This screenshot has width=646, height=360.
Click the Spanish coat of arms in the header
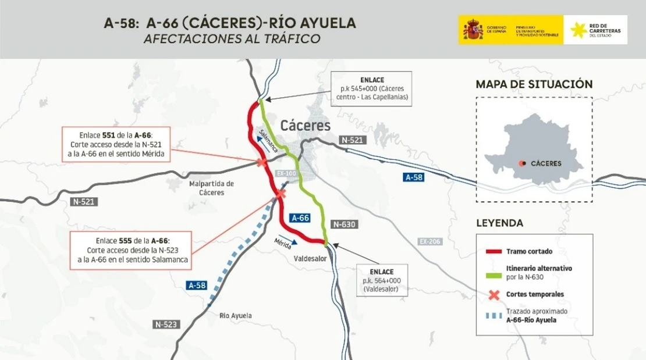coord(473,30)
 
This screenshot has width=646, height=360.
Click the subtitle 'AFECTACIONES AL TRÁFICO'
coord(232,40)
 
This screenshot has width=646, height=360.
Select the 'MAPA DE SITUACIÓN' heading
coord(534,84)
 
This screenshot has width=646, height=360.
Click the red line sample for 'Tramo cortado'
coord(494,251)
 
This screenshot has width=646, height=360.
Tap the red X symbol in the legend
coord(494,294)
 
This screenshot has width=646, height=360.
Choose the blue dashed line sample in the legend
coord(494,316)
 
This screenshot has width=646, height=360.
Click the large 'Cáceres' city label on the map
coord(305,126)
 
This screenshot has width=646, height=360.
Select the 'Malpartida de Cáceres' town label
coord(211,188)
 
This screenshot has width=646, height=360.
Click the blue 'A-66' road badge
coord(300,218)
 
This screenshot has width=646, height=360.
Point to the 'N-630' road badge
coord(343,224)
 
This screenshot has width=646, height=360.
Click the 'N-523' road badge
coord(166,324)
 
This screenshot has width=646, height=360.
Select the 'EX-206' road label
coord(430,241)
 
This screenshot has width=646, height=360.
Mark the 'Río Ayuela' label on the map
coord(236,316)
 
